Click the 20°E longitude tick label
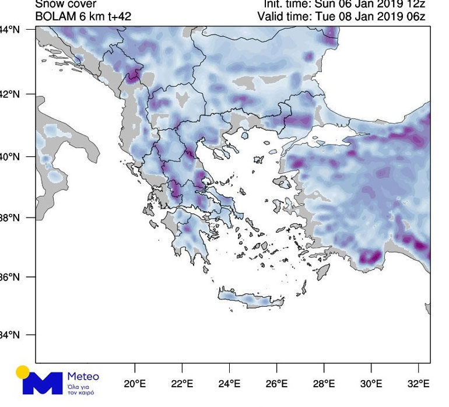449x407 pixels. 135,384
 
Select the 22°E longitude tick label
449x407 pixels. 182,384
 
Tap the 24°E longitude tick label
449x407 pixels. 229,384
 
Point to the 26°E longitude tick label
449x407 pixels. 276,384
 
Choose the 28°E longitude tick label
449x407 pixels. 324,384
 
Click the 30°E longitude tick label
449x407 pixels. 371,384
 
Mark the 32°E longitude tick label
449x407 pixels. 418,384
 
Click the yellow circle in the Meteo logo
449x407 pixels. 23,372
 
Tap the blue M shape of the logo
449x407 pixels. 42,383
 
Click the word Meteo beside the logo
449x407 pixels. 83,376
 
